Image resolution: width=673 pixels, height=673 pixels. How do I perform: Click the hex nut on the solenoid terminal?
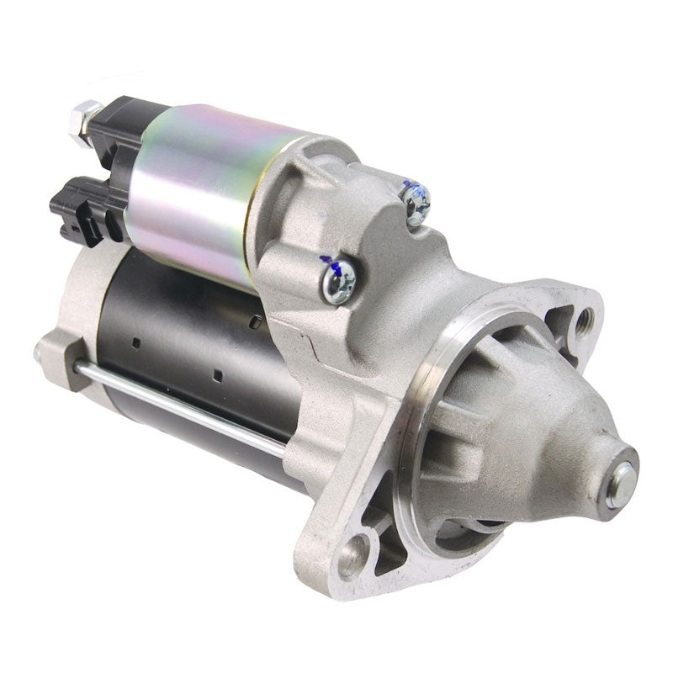click(86, 120)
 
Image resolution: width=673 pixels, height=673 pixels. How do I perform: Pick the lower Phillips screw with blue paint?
click(338, 278)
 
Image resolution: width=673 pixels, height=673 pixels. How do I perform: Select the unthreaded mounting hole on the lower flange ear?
click(352, 556)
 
